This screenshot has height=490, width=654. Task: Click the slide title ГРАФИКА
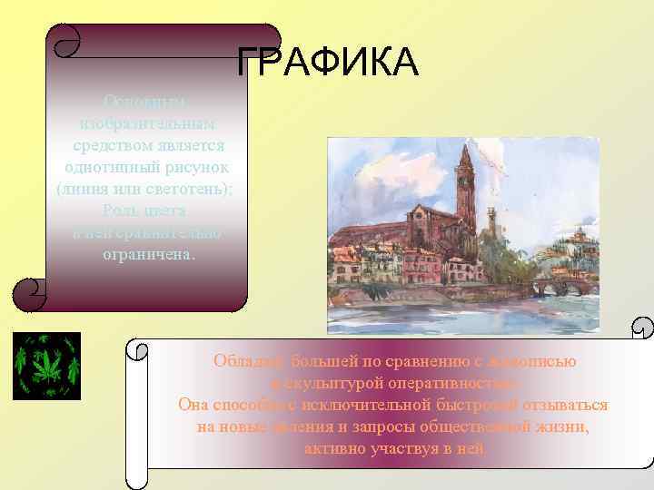pyautogui.click(x=327, y=63)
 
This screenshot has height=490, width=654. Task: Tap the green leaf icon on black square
pyautogui.click(x=46, y=366)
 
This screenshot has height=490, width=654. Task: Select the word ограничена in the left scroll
pyautogui.click(x=148, y=254)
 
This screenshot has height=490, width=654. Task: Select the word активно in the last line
pyautogui.click(x=333, y=447)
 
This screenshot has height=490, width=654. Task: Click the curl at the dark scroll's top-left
pyautogui.click(x=64, y=39)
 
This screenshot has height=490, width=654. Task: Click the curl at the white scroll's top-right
pyautogui.click(x=641, y=328)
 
